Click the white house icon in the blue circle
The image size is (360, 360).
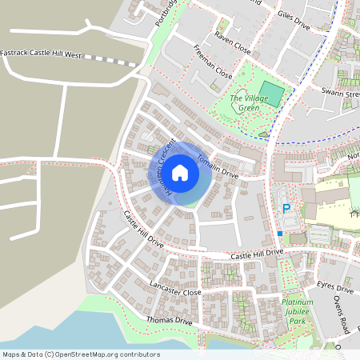[180, 172]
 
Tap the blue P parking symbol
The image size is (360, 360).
[286, 210]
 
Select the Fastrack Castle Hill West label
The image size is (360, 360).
[41, 55]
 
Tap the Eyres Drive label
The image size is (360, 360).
[334, 288]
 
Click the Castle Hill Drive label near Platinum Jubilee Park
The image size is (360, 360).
[257, 254]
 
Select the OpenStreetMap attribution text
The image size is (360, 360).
[82, 354]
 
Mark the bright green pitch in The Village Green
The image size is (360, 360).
[271, 94]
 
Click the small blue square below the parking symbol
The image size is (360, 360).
[280, 234]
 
